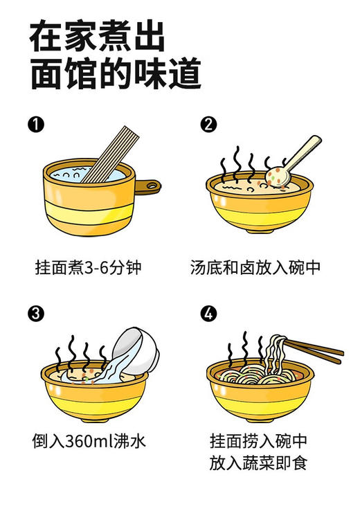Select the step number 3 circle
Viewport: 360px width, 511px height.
(x=36, y=313)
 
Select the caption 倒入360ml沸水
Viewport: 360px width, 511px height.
(x=89, y=440)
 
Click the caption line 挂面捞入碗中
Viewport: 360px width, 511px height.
(x=258, y=440)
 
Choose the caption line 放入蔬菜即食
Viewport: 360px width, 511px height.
(x=258, y=462)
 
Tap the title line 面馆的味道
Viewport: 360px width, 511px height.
(x=115, y=73)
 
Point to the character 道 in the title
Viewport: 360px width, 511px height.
(x=184, y=73)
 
